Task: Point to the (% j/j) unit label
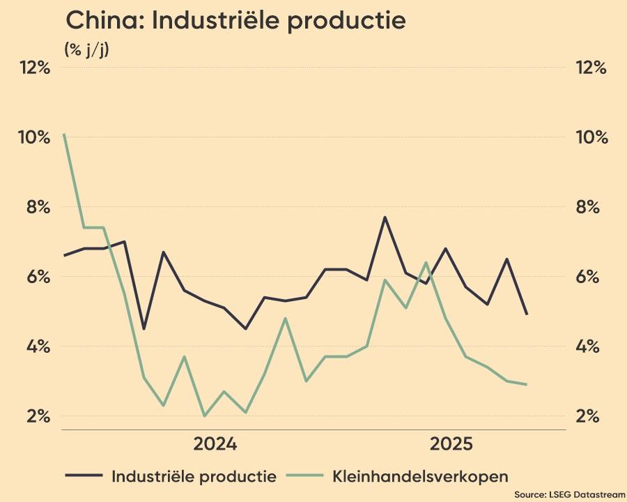point(86,50)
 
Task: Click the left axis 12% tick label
point(36,68)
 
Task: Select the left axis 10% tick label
point(36,137)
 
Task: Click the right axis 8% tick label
point(593,207)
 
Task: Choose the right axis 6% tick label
point(593,277)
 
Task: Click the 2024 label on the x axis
point(215,444)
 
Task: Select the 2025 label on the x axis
point(452,444)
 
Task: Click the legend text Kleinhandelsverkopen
point(421,477)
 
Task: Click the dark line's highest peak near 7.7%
point(385,218)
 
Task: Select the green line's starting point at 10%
point(64,134)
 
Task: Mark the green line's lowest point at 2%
point(204,416)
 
